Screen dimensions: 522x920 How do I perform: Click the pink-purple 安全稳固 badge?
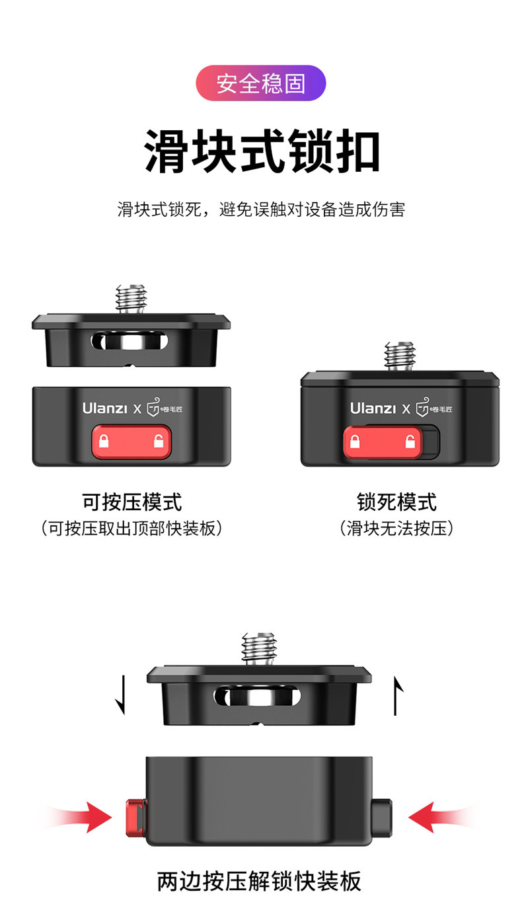260,83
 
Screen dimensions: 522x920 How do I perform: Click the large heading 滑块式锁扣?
262,151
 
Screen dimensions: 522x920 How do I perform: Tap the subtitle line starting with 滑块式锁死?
261,210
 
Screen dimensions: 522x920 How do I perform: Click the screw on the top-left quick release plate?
131,299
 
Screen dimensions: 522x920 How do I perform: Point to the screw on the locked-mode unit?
400,356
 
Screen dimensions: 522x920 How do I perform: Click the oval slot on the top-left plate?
130,341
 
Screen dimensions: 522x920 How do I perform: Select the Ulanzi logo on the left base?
104,408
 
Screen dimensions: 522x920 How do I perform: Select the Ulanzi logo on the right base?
373,408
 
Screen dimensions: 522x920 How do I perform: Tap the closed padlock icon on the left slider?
104,441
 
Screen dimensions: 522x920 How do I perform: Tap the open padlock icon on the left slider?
159,441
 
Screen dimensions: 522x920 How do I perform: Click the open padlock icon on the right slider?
410,441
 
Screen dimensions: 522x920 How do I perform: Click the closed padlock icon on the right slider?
355,441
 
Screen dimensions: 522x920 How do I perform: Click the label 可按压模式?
132,502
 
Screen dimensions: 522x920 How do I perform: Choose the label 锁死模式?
396,502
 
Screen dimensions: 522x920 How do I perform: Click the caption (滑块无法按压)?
396,528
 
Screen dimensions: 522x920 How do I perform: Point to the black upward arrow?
397,696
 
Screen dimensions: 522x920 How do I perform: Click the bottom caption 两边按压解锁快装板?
259,881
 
